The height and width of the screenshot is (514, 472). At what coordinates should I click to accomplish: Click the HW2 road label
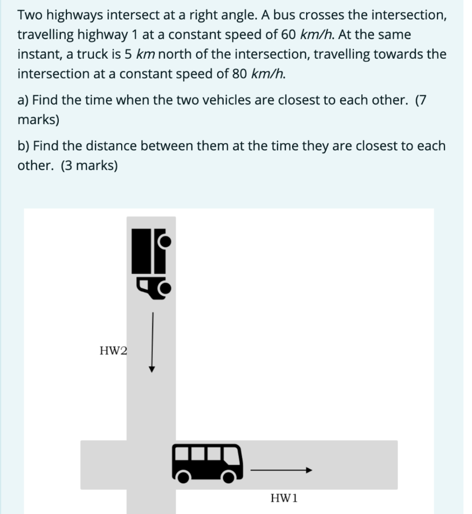[x=113, y=350]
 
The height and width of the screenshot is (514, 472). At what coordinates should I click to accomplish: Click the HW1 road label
[x=284, y=498]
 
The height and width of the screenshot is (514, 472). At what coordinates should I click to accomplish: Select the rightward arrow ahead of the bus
[x=281, y=470]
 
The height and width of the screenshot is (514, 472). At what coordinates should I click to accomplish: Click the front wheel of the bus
[x=230, y=476]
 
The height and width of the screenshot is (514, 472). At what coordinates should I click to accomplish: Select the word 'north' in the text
[x=181, y=55]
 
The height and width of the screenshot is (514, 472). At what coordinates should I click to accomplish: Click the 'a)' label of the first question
[x=23, y=100]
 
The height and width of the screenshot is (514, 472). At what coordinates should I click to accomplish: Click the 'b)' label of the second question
[x=23, y=146]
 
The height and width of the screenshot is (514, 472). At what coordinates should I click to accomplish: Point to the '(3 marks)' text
[x=89, y=166]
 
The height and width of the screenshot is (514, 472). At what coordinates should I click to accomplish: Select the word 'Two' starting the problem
[x=30, y=16]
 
